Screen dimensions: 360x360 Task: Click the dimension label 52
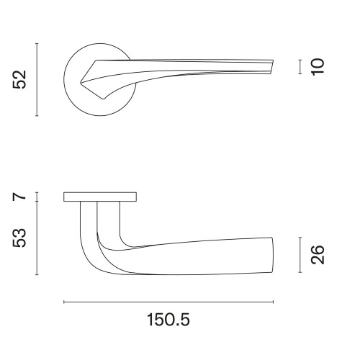click(19, 80)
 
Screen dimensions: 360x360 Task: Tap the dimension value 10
click(318, 67)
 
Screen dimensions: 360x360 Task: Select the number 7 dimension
click(19, 197)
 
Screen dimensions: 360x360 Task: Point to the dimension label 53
click(19, 238)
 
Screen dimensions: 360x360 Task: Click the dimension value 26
click(318, 255)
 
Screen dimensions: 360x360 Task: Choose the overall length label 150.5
click(168, 320)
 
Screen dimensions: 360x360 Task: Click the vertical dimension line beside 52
click(37, 80)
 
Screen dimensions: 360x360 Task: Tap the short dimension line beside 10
click(300, 67)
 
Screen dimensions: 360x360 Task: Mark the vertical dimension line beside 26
click(300, 255)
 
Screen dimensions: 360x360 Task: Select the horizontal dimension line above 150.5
click(168, 302)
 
